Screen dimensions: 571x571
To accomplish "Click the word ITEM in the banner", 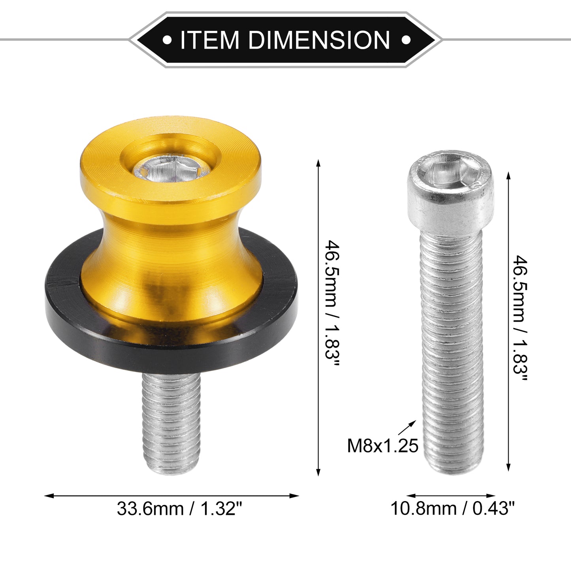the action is tap(209, 40).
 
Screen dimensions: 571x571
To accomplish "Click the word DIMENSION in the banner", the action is tap(319, 40).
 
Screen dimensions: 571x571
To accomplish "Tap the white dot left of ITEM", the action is tap(167, 40).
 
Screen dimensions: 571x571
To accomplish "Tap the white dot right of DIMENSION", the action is tap(406, 40).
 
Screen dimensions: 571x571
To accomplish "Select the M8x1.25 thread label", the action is tap(383, 445).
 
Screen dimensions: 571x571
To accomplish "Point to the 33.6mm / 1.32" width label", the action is tap(179, 509).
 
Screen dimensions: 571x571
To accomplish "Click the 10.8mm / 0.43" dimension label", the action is tap(452, 509).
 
